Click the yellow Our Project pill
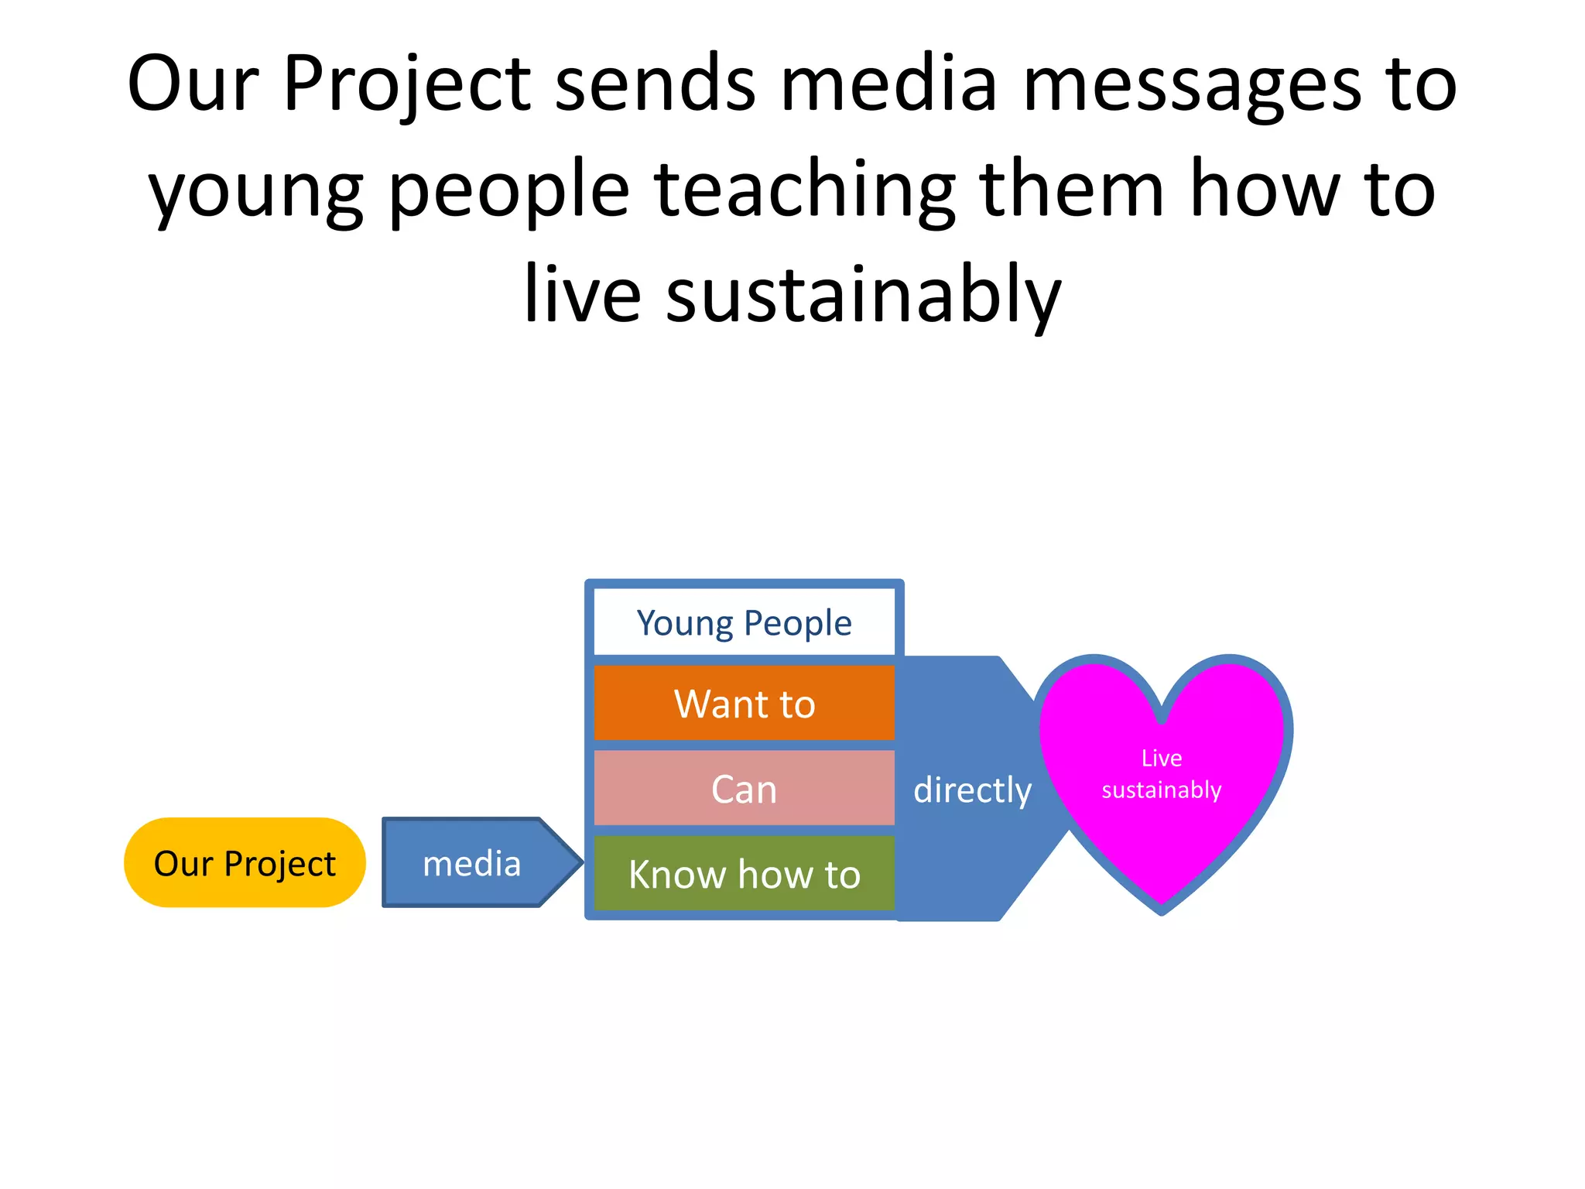245,862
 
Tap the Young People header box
744,622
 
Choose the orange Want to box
744,703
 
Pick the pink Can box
744,788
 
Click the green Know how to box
744,873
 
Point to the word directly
972,790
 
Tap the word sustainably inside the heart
1161,790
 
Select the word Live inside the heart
1161,758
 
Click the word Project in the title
407,85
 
